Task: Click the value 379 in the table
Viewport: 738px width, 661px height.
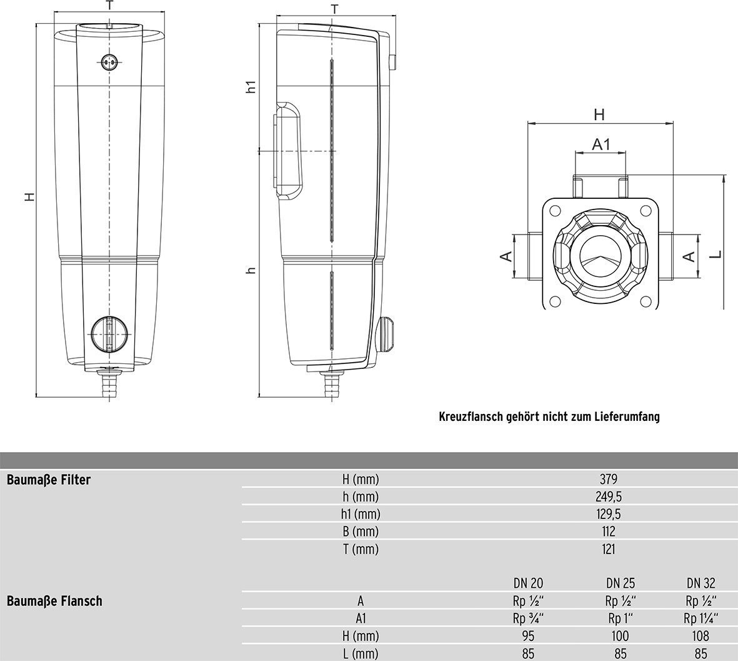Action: (608, 480)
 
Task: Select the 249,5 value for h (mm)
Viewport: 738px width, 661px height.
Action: (608, 497)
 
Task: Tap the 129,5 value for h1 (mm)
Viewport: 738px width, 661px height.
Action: (608, 514)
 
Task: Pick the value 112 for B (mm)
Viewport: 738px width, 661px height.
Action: (608, 532)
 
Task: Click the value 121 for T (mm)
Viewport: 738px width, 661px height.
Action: (608, 549)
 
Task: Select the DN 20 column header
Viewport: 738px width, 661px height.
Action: (527, 583)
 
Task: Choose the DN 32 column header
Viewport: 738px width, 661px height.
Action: (701, 583)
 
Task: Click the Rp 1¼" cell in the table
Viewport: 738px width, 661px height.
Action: (701, 618)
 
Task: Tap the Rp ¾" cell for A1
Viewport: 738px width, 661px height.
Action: (527, 618)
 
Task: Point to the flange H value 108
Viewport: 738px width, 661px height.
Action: (701, 636)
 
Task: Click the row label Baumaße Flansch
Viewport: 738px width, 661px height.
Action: (54, 601)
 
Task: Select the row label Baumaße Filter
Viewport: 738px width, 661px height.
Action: (48, 480)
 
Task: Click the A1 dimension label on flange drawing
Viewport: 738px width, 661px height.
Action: (601, 144)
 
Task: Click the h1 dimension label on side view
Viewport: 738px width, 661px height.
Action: (251, 88)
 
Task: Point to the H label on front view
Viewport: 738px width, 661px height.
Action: (29, 197)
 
